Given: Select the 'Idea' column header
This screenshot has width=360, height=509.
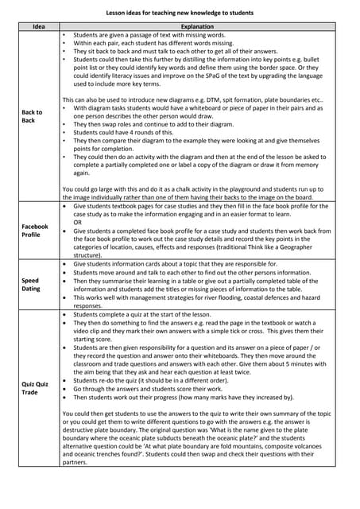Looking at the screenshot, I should coord(38,27).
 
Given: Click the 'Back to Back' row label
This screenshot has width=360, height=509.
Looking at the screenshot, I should coord(32,117).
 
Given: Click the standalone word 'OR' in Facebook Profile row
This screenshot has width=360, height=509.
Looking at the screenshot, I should coord(79,223).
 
